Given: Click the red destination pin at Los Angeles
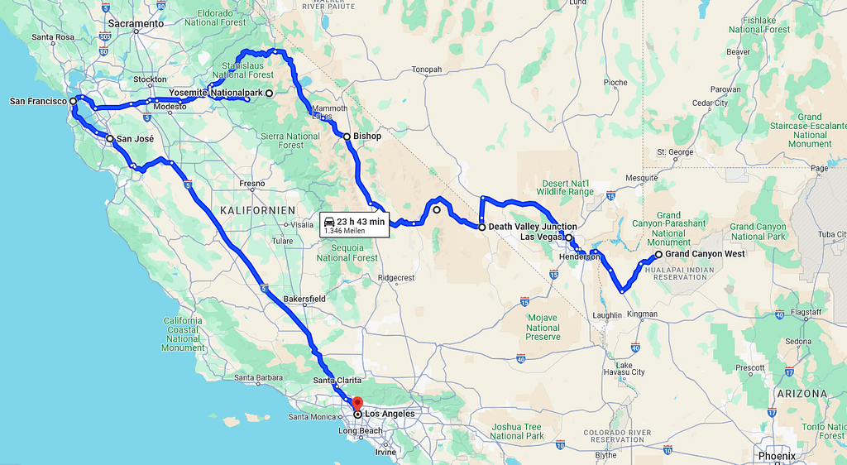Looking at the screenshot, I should tap(357, 405).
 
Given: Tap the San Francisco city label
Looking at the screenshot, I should tap(37, 101).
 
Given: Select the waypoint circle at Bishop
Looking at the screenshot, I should tap(347, 137).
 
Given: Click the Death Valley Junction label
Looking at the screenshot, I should tap(533, 227).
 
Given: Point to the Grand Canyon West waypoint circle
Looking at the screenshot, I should tap(658, 255).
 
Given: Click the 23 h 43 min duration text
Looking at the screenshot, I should tap(361, 221).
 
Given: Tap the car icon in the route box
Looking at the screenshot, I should tap(329, 221).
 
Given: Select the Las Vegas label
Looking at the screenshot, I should tap(542, 237).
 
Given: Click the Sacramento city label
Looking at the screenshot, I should tap(136, 24).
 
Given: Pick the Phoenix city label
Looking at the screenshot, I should tap(777, 456).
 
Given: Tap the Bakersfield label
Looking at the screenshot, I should tap(304, 298).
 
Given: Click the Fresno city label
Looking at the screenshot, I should tap(251, 184).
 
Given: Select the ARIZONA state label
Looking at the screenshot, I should tap(801, 393).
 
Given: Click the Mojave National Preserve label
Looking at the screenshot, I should tap(543, 327).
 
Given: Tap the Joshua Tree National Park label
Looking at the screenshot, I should tap(517, 431).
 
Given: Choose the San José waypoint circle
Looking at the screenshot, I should tap(109, 139).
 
